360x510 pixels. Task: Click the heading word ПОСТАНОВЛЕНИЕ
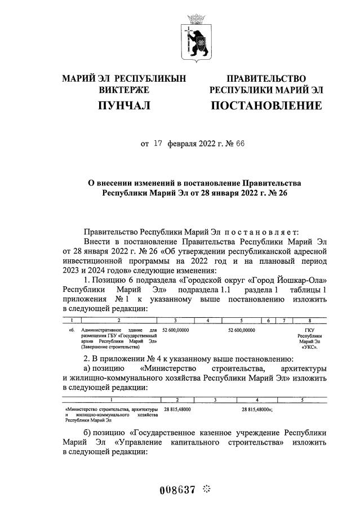[266, 106]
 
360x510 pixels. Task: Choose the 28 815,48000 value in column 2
[177, 410]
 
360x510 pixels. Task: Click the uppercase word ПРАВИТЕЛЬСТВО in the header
[266, 78]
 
